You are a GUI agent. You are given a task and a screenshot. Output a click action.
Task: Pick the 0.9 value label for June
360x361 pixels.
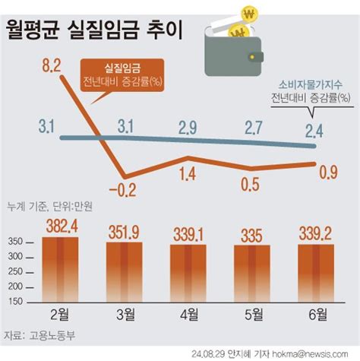click(x=327, y=176)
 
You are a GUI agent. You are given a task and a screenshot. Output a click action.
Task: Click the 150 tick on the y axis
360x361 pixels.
click(x=16, y=302)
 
